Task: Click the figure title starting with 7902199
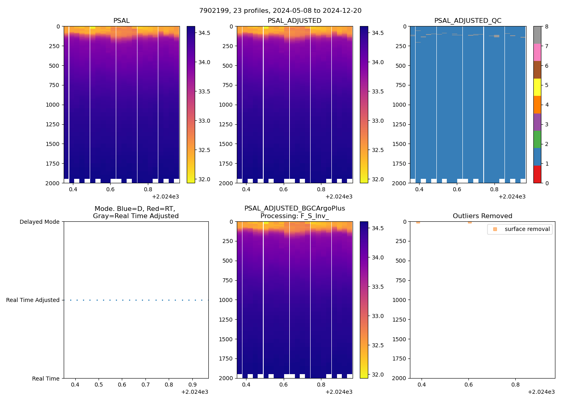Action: click(280, 10)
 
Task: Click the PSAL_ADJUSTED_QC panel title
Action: click(468, 21)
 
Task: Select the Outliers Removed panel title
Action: click(482, 216)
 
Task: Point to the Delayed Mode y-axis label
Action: click(39, 222)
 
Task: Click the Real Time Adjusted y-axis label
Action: click(33, 300)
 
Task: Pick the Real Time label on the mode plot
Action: click(46, 379)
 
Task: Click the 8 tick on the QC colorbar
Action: click(547, 26)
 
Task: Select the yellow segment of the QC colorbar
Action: click(537, 87)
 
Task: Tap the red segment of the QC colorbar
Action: click(537, 174)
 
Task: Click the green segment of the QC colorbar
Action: click(537, 139)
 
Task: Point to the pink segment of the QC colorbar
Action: click(537, 52)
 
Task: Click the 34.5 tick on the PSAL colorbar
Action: click(204, 33)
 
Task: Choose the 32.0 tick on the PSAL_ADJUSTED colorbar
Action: click(377, 179)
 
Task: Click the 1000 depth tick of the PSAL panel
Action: click(52, 105)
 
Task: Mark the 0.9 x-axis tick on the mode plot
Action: click(192, 385)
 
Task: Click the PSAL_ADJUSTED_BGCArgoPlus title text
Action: click(295, 209)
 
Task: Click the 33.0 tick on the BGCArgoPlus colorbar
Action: click(377, 316)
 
